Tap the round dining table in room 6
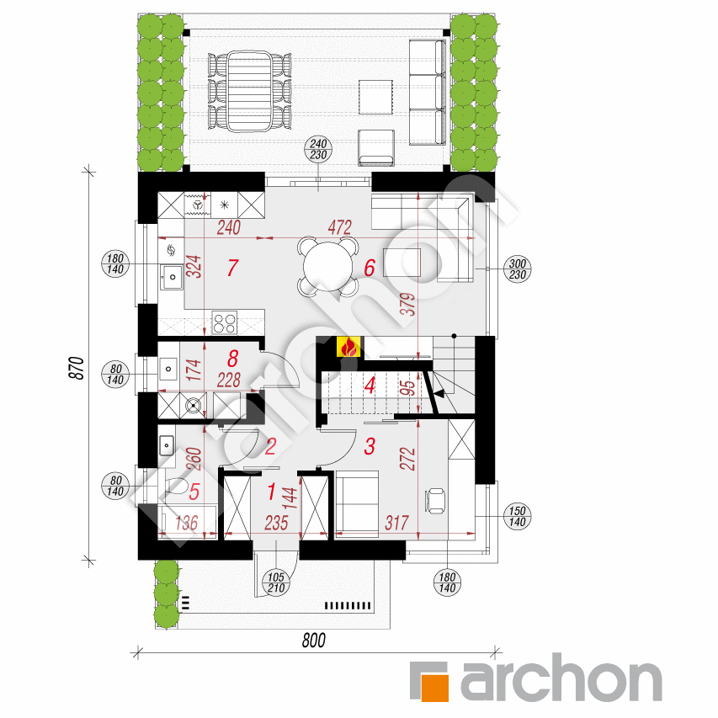[328, 266]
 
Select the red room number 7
[232, 268]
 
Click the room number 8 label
[232, 359]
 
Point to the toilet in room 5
[176, 486]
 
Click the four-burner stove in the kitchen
[225, 322]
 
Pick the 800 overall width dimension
[314, 641]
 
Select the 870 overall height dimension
[77, 368]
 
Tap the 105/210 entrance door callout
[276, 582]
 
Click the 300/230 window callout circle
[518, 269]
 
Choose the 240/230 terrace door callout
[318, 149]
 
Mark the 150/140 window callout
[518, 517]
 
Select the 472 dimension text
[340, 227]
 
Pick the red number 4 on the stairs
[370, 386]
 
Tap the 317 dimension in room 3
[396, 523]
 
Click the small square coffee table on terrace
[375, 97]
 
